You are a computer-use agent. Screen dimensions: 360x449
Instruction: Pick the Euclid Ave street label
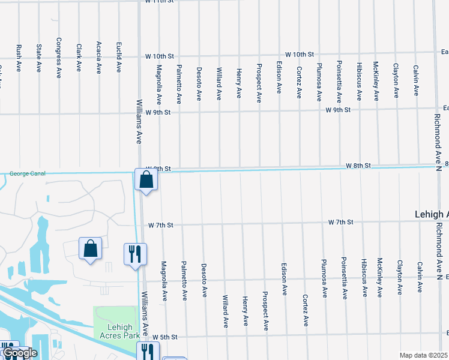coord(119,58)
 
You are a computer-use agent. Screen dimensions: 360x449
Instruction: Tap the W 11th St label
coord(159,2)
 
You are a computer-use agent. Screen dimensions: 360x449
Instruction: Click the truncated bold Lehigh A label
coord(432,214)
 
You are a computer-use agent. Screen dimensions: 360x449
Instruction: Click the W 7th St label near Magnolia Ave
coord(160,225)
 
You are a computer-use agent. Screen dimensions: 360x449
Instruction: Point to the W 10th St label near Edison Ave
coord(300,54)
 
